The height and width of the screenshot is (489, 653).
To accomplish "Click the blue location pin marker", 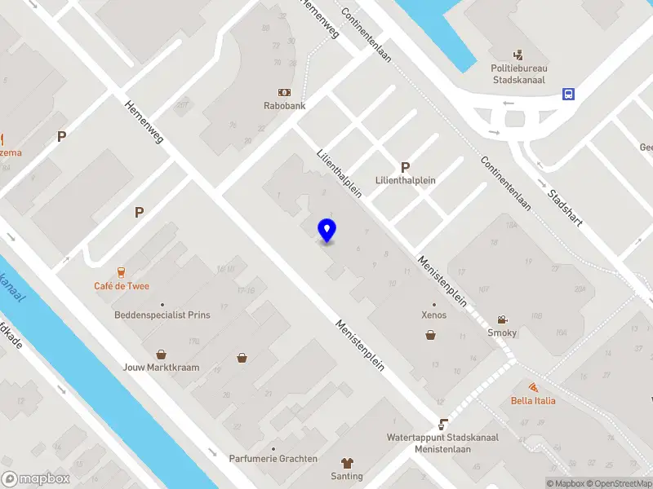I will coord(327,231).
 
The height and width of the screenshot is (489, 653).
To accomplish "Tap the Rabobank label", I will coord(284,106).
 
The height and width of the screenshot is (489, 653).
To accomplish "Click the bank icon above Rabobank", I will coord(284,92).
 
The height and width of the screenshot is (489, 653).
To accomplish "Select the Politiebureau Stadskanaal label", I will coord(520,74).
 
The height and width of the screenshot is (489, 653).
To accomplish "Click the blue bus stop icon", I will coord(568,94).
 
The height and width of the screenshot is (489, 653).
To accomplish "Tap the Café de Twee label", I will coord(121,286).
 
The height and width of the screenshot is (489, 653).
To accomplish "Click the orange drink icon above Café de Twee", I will coord(121,271).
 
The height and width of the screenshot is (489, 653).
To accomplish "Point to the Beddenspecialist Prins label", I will coord(162,315).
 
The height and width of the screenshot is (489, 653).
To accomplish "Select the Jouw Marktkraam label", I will coord(162,367).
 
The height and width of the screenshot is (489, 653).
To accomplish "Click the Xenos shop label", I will coord(433,315).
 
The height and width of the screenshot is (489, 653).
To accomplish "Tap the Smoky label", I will coord(502,333).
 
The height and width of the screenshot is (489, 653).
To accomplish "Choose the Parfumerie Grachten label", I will coord(273,459).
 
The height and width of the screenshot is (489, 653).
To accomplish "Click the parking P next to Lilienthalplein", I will coord(405,165).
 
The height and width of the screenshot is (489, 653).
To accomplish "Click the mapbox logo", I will coord(36,479).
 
